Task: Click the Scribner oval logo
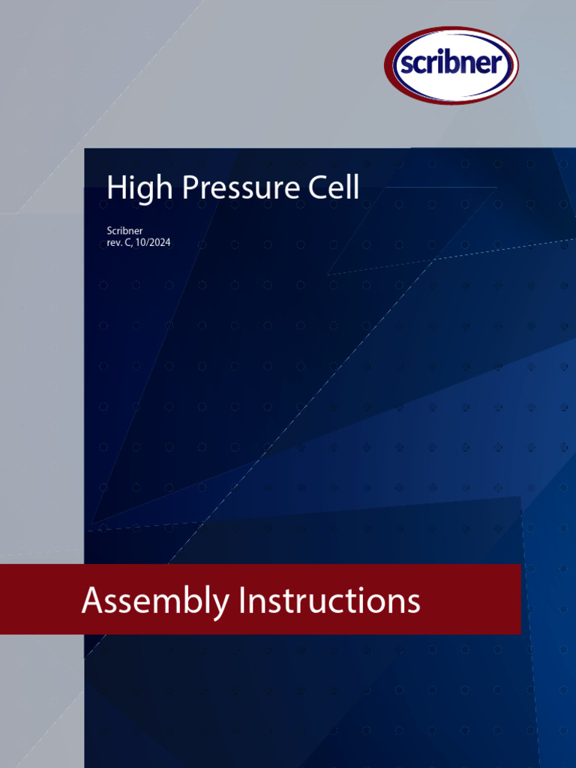pyautogui.click(x=451, y=65)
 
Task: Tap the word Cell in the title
pyautogui.click(x=334, y=187)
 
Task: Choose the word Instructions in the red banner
pyautogui.click(x=329, y=601)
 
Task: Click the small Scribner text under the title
pyautogui.click(x=124, y=231)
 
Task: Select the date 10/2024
pyautogui.click(x=155, y=243)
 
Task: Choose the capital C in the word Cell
pyautogui.click(x=319, y=187)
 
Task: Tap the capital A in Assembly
pyautogui.click(x=92, y=601)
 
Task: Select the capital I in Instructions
pyautogui.click(x=242, y=601)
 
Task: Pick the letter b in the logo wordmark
pyautogui.click(x=452, y=64)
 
